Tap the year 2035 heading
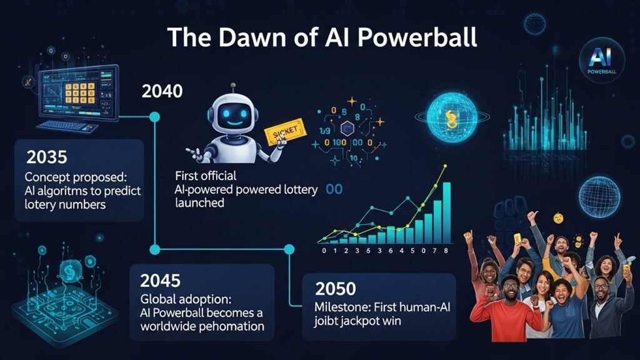tap(48, 157)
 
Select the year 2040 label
tap(162, 91)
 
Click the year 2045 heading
tap(161, 281)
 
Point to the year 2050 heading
tap(336, 289)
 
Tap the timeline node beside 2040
tap(155, 116)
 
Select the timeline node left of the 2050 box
tap(289, 249)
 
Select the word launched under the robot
tap(201, 203)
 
